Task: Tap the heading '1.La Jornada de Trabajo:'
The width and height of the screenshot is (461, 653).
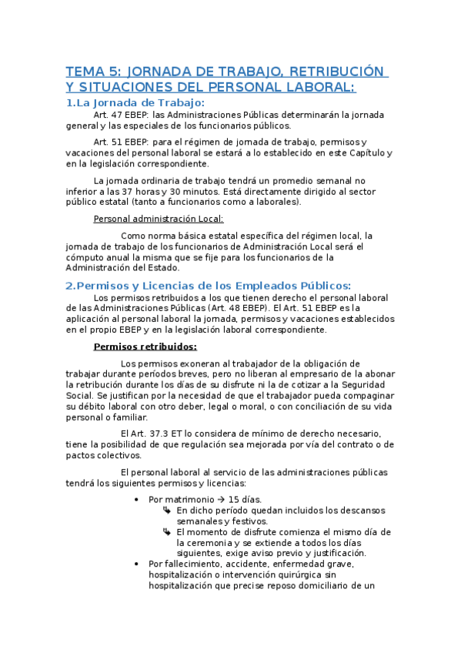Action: coord(135,102)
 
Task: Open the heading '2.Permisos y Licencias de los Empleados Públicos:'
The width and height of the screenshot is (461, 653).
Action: coord(208,285)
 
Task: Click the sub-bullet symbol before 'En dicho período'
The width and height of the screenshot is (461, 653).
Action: coord(167,510)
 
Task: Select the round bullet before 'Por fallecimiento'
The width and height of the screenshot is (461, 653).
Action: coord(136,564)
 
